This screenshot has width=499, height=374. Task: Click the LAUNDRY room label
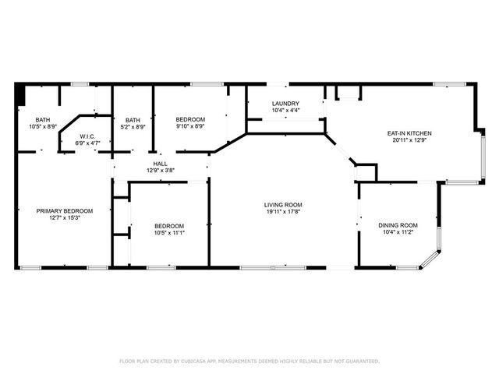pyautogui.click(x=285, y=104)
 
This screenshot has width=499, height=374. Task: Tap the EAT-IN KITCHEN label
pyautogui.click(x=409, y=133)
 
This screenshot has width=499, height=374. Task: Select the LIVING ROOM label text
pyautogui.click(x=282, y=203)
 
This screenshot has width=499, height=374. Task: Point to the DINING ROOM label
pyautogui.click(x=398, y=224)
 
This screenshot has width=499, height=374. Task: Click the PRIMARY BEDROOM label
pyautogui.click(x=65, y=210)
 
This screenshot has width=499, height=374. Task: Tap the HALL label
pyautogui.click(x=160, y=164)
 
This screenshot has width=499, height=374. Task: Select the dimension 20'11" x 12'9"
pyautogui.click(x=409, y=140)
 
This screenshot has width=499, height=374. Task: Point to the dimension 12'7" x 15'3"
pyautogui.click(x=65, y=217)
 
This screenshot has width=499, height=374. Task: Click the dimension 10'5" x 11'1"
pyautogui.click(x=169, y=231)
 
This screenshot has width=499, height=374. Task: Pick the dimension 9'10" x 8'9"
pyautogui.click(x=190, y=126)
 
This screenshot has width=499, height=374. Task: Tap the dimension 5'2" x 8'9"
pyautogui.click(x=133, y=126)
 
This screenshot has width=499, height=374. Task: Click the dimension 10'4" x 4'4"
pyautogui.click(x=285, y=111)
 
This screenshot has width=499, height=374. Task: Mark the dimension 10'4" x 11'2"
pyautogui.click(x=398, y=231)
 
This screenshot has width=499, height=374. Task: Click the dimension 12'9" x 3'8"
pyautogui.click(x=160, y=171)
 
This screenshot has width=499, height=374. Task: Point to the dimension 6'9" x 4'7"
pyautogui.click(x=87, y=143)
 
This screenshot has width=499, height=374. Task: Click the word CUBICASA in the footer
pyautogui.click(x=193, y=361)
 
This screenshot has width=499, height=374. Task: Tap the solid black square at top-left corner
pyautogui.click(x=20, y=94)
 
